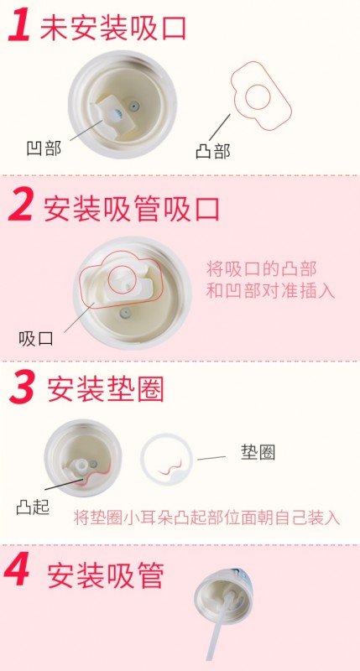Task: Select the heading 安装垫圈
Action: tap(105, 388)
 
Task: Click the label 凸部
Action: tap(211, 151)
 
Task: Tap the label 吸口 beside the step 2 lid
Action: tap(36, 338)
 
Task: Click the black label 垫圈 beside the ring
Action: tap(258, 452)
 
